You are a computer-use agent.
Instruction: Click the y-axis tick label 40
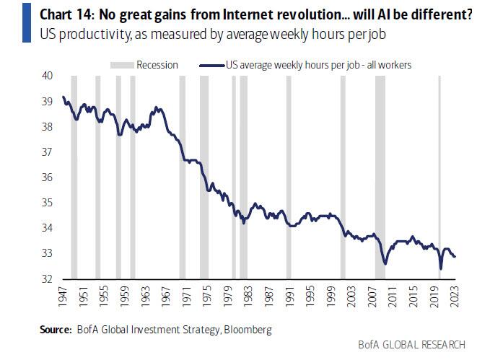(47, 76)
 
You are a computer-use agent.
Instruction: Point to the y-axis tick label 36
(47, 177)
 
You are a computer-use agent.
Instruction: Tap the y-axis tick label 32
(47, 278)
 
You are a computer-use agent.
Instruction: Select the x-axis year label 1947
(62, 297)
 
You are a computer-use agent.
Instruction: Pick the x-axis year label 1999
(331, 297)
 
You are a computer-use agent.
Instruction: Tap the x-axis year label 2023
(455, 297)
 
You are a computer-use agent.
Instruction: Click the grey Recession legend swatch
(122, 65)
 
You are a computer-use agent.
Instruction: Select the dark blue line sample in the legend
(212, 66)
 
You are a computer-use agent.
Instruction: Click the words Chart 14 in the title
(66, 14)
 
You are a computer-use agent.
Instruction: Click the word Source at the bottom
(55, 330)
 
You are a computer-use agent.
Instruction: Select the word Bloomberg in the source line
(248, 330)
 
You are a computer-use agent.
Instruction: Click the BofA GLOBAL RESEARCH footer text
(411, 345)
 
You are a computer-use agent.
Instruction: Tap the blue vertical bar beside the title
(27, 23)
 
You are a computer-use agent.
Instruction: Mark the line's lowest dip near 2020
(441, 269)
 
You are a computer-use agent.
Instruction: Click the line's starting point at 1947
(64, 97)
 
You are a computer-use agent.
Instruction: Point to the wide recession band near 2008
(380, 177)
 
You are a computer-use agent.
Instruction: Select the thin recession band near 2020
(439, 177)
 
